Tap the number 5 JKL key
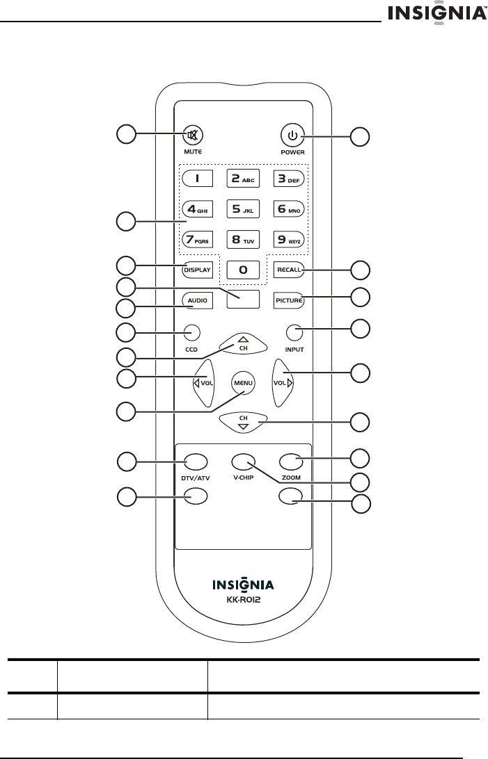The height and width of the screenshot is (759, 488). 240,208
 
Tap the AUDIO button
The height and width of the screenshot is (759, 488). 196,300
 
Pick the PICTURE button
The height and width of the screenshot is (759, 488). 288,300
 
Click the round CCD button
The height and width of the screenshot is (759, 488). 192,332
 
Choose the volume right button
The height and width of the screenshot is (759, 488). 281,382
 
